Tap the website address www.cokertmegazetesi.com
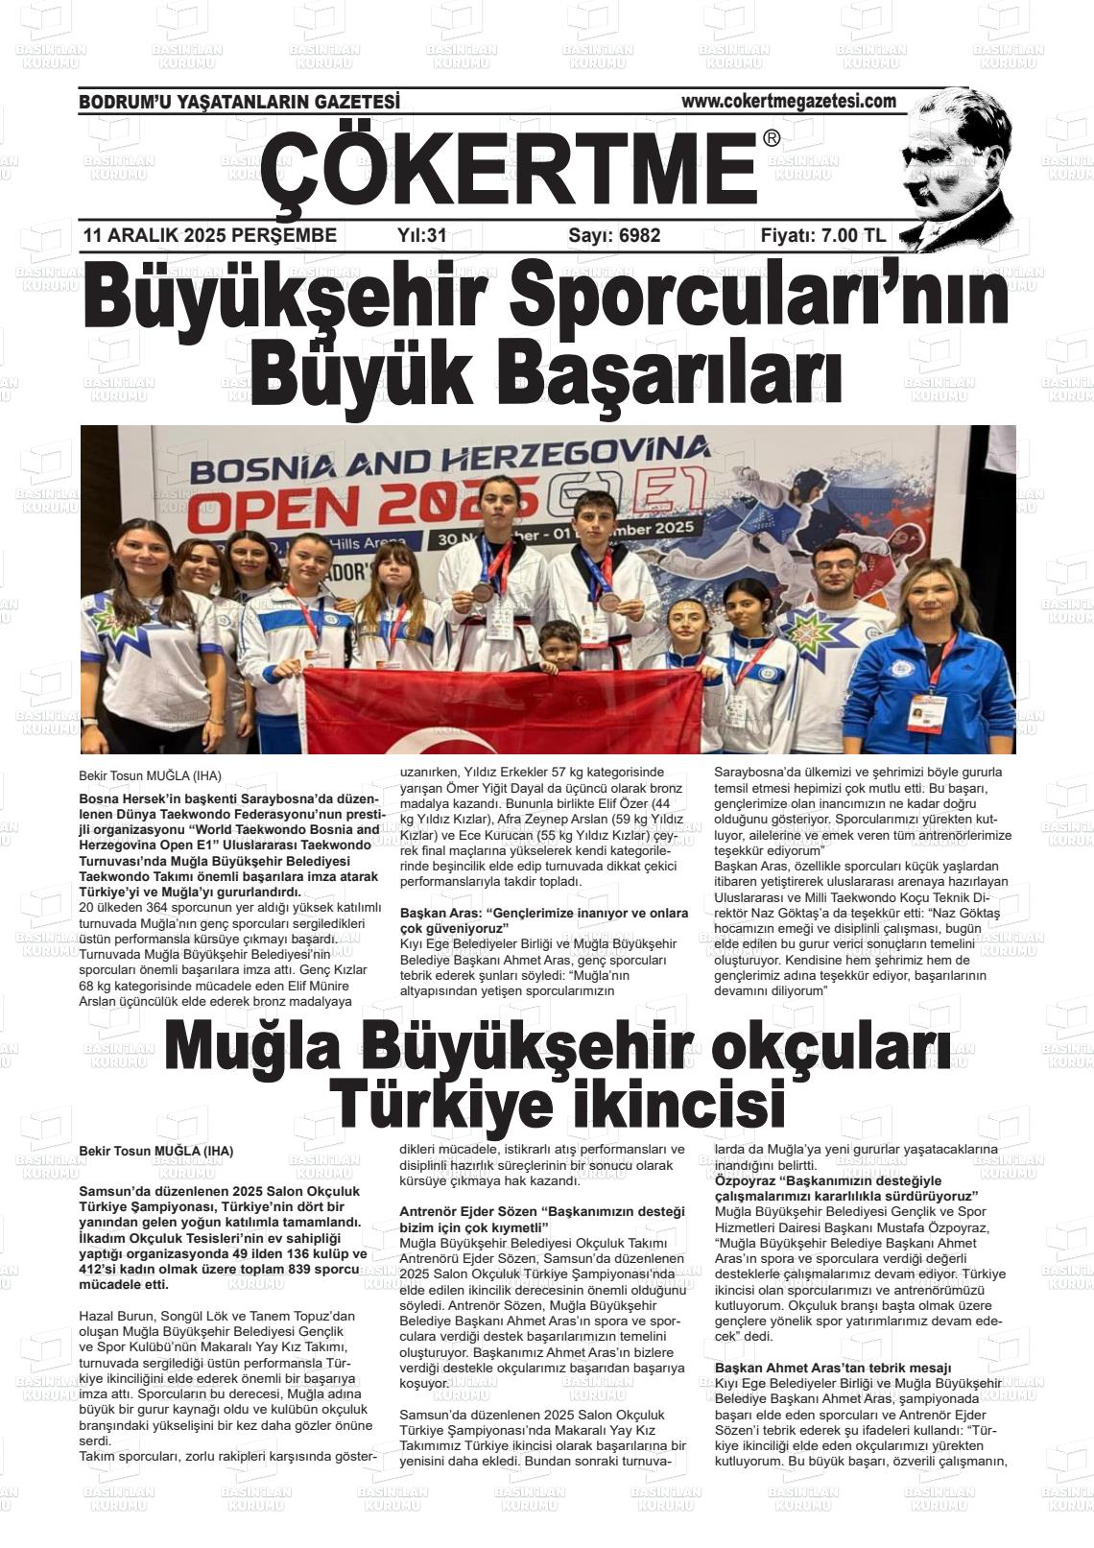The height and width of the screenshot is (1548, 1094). click(x=788, y=101)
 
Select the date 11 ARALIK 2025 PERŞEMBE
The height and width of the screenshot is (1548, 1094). click(x=210, y=235)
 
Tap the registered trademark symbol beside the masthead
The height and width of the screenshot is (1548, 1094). click(x=772, y=139)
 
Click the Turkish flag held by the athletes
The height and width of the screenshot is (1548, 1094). click(x=499, y=710)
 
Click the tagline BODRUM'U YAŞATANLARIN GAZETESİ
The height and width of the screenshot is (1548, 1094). click(x=239, y=102)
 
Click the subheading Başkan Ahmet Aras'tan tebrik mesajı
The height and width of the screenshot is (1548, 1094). click(x=832, y=1368)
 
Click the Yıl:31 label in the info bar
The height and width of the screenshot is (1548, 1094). click(x=422, y=235)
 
